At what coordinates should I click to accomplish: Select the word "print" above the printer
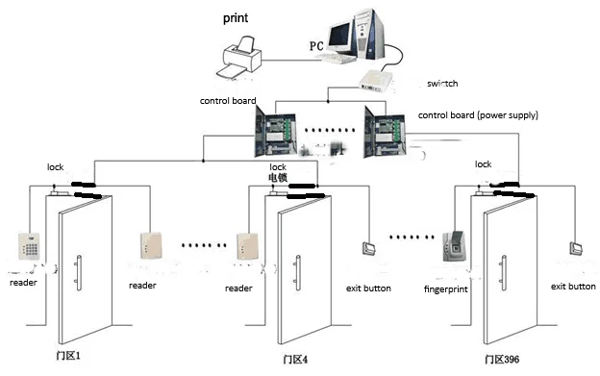(237, 17)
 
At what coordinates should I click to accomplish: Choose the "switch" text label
(442, 84)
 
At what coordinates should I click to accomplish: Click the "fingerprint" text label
(447, 288)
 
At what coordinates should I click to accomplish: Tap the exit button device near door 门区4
(368, 249)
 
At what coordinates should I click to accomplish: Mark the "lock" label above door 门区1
(55, 166)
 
